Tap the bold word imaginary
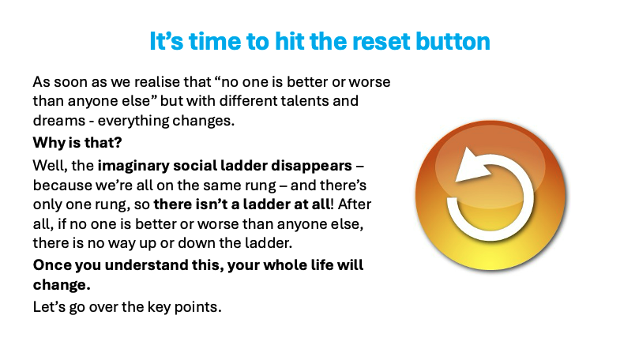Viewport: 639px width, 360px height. [x=133, y=166]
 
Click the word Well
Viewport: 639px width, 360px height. [x=50, y=166]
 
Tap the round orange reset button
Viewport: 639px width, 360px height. [x=491, y=195]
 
